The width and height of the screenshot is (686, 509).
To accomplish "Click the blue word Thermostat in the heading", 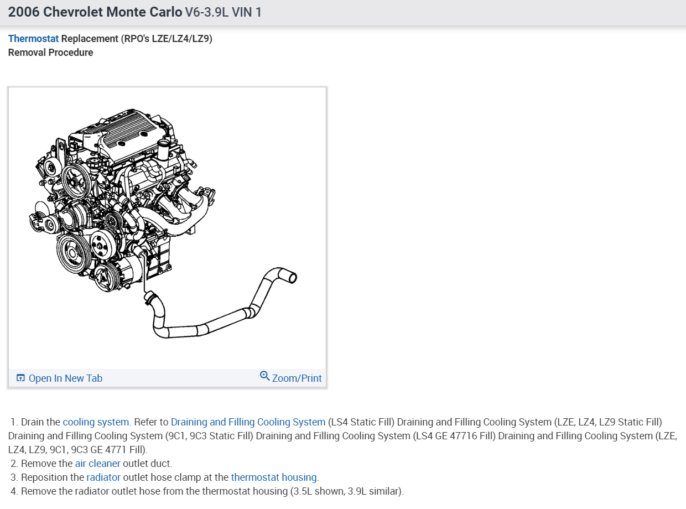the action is [33, 39].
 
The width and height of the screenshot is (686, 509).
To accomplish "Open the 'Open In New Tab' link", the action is [65, 378].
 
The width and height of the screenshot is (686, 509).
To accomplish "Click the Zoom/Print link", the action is [297, 378].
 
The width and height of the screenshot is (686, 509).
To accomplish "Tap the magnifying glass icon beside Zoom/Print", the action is [264, 376].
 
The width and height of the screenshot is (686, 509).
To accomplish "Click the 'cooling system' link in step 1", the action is [96, 422].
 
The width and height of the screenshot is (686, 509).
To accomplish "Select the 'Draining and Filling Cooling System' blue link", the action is [248, 422].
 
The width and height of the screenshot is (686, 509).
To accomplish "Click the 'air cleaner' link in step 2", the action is [97, 464].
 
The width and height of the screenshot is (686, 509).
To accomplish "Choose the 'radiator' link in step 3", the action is [103, 477].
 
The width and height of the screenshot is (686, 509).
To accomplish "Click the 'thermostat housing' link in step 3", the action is [274, 477].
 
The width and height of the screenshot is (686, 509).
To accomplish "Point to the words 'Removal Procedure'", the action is [50, 53].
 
